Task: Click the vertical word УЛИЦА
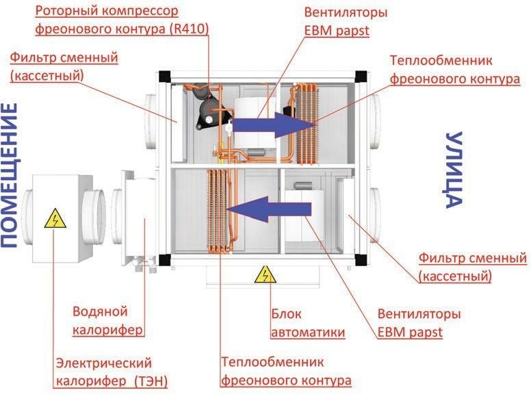454,170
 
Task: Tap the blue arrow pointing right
274,125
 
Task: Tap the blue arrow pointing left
269,209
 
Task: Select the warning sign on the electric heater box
55,219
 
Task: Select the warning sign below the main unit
265,274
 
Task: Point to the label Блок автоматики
308,323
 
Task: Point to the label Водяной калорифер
107,320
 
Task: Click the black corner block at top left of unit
165,77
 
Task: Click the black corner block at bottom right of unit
361,260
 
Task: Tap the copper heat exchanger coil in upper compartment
307,123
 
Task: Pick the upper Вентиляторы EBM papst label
346,21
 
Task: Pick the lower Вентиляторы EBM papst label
419,323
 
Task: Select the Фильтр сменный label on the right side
473,268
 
